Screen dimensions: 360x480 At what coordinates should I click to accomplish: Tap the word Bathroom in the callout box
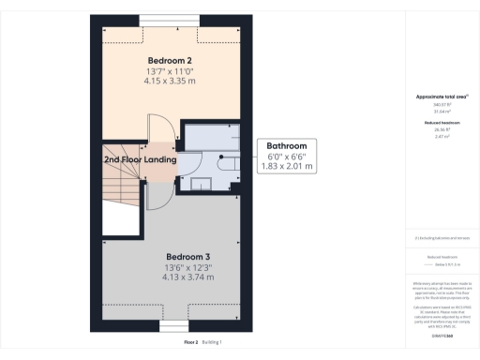287,146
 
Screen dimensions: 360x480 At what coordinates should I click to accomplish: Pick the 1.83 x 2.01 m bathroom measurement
287,167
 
